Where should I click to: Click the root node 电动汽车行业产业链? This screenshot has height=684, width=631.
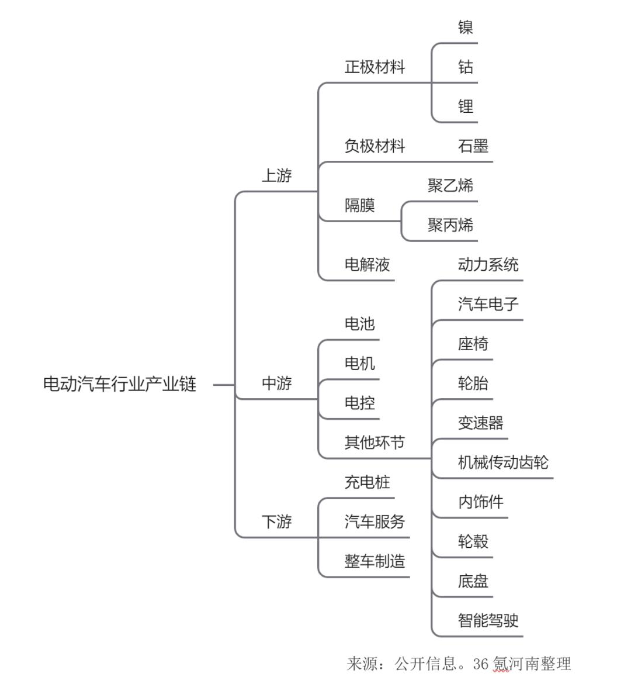tap(120, 384)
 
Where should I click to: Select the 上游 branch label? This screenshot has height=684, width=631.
tap(276, 175)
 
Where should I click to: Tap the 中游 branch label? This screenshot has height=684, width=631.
tap(276, 384)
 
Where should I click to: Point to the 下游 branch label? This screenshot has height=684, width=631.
tap(276, 521)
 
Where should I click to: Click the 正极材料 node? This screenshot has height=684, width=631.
tap(375, 67)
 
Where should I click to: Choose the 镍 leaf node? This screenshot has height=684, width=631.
tap(465, 27)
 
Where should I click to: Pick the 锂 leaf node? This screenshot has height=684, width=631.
tap(465, 106)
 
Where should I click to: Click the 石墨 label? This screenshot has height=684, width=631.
tap(473, 146)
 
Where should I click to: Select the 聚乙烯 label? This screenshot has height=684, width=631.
tap(450, 185)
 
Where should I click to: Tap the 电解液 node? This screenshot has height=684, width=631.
tap(367, 264)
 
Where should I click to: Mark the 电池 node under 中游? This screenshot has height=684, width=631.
tap(360, 324)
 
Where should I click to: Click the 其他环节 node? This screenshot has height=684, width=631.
tap(375, 443)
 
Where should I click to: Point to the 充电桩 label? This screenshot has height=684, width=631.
tap(367, 482)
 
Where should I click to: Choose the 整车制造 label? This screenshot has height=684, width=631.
tap(375, 561)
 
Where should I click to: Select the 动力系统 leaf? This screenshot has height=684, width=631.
tap(488, 264)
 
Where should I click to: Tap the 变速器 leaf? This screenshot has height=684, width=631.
tap(481, 423)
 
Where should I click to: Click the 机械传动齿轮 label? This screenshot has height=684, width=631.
tap(503, 462)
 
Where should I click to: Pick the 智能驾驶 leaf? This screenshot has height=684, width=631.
tap(488, 620)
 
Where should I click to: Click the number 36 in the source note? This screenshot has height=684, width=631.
tap(481, 664)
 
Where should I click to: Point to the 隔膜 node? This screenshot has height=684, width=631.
tap(360, 205)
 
